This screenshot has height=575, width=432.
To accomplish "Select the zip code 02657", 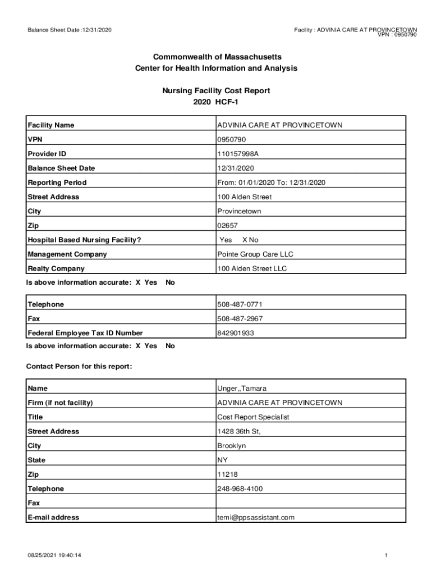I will tap(227, 226).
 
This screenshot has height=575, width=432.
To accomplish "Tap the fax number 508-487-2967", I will tap(240, 319).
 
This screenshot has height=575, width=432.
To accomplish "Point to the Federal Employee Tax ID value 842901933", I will tap(236, 333).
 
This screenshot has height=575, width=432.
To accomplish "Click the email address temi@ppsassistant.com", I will tap(256, 517).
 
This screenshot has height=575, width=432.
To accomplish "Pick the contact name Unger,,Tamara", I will tap(242, 389).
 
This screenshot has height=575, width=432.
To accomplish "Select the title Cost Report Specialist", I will tap(253, 417).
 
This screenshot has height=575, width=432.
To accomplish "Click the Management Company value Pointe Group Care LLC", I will tap(255, 254).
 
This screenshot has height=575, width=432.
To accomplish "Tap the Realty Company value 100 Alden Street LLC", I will tap(252, 269).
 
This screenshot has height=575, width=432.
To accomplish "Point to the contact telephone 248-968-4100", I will tap(240, 489).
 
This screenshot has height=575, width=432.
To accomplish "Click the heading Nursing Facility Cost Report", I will tap(216, 90).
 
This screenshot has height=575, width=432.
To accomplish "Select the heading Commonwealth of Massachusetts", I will tap(216, 57).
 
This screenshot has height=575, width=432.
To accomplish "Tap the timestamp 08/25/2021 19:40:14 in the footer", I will tap(55, 555).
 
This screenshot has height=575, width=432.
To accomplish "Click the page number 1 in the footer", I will tap(387, 555).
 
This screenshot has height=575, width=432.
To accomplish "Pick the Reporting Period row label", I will tap(57, 182).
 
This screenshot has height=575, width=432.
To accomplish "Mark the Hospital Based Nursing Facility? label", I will tap(84, 240).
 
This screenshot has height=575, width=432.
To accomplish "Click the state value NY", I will tap(223, 460).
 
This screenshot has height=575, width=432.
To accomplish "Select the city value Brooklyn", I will tap(231, 446).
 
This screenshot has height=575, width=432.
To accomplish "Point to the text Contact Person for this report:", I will tap(79, 367).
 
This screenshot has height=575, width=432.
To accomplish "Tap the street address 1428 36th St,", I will tap(239, 431).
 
